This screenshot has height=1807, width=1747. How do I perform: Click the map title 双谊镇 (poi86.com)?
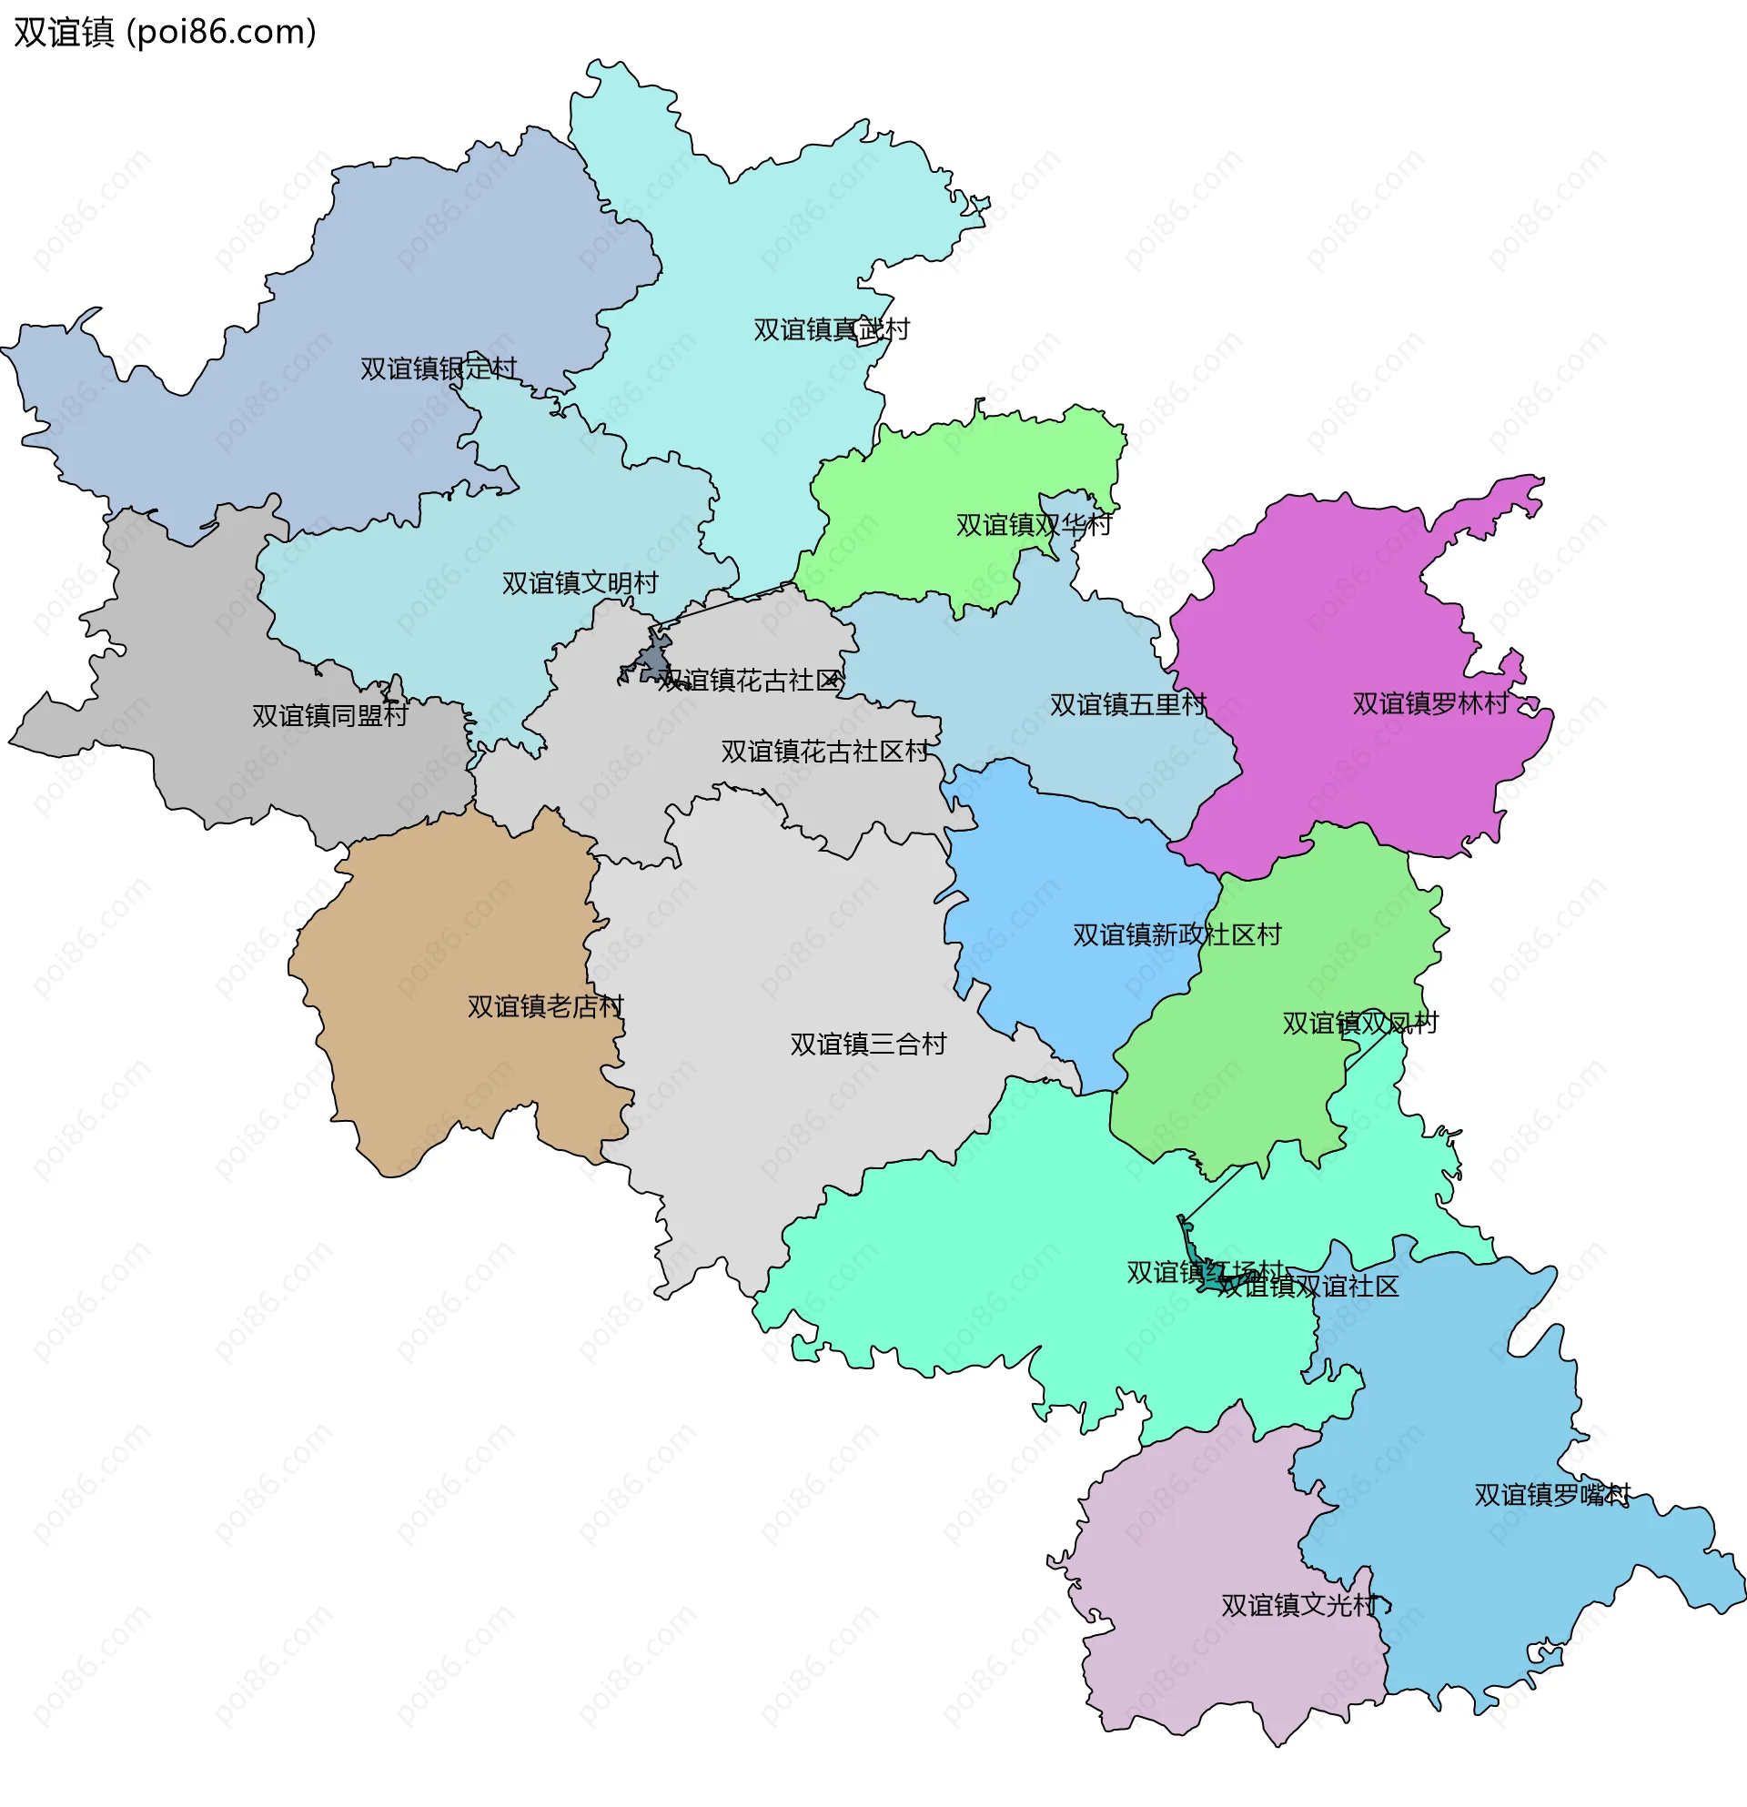(165, 32)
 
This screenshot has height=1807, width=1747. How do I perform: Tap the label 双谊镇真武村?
(831, 329)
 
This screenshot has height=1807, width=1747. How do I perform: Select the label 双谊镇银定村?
(438, 368)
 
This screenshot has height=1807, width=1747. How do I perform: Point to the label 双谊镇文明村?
(580, 582)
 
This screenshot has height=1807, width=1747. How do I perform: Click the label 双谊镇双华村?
(1034, 525)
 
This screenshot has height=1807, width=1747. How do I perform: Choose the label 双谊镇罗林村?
(1429, 703)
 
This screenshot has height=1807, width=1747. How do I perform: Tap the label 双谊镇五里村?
(1127, 704)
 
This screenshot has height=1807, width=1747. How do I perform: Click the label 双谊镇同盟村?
(330, 715)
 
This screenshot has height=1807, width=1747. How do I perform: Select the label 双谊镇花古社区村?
(824, 752)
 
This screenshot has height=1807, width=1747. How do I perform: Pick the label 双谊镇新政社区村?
(1176, 934)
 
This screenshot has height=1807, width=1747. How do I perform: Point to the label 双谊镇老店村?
(545, 1005)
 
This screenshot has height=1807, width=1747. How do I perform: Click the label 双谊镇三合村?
(867, 1044)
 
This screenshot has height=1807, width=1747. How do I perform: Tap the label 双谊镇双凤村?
(1359, 1024)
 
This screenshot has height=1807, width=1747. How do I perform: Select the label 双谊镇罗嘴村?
(1552, 1496)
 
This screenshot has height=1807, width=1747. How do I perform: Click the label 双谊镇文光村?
(1299, 1606)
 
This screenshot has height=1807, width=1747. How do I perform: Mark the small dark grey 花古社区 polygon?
(654, 662)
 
